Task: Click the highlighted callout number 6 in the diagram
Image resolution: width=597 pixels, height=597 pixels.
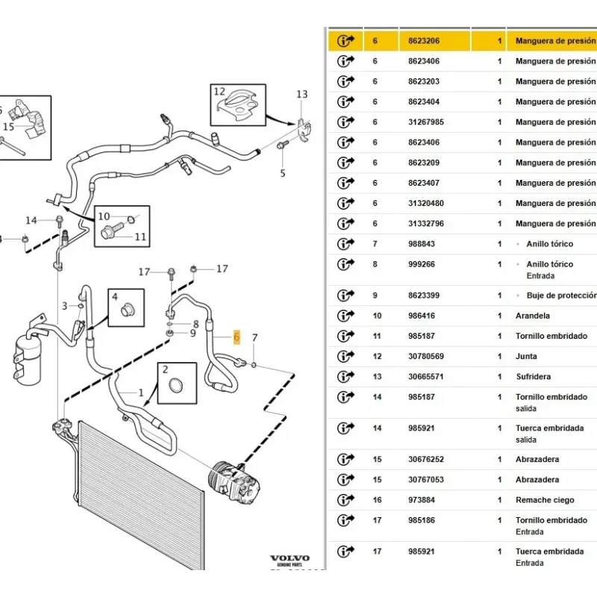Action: pyautogui.click(x=237, y=337)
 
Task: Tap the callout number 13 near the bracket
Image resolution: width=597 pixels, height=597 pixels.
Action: pyautogui.click(x=301, y=94)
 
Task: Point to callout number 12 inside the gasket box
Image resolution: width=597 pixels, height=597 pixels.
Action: pyautogui.click(x=219, y=92)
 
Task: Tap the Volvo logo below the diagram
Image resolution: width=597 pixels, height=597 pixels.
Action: pyautogui.click(x=289, y=559)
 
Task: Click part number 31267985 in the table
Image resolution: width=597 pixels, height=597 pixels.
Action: pyautogui.click(x=425, y=122)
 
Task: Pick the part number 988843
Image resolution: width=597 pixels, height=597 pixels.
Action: pyautogui.click(x=421, y=244)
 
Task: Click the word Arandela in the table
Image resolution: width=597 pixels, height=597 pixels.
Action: pyautogui.click(x=532, y=316)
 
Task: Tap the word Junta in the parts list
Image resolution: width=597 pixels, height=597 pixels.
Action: pyautogui.click(x=526, y=357)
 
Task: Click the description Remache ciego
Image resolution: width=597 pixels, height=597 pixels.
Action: pyautogui.click(x=545, y=500)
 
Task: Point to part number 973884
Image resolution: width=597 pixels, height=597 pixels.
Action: pyautogui.click(x=421, y=500)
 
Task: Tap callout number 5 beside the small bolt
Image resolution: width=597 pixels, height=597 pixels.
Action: pyautogui.click(x=283, y=174)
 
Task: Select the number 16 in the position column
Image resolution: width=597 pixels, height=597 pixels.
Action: pyautogui.click(x=376, y=500)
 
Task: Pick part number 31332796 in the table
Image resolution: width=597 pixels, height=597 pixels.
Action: pyautogui.click(x=425, y=224)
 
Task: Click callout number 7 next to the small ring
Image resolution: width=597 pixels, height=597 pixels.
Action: pyautogui.click(x=254, y=339)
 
